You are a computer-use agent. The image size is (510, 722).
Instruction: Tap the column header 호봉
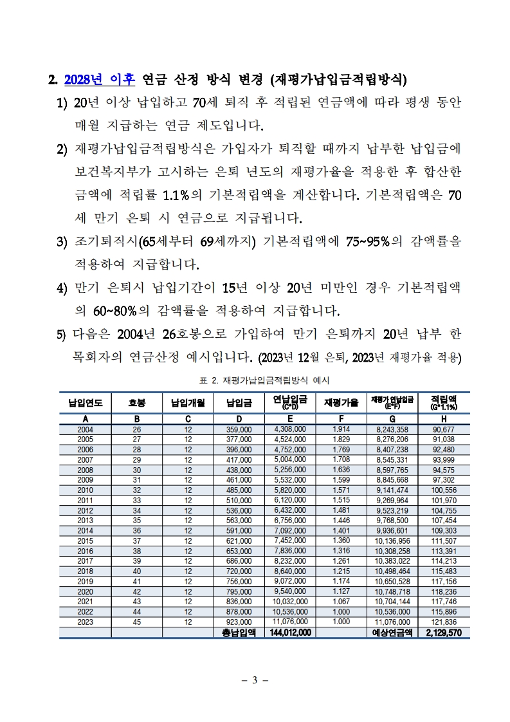coord(136,403)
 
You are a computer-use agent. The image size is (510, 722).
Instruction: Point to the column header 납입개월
coord(188,403)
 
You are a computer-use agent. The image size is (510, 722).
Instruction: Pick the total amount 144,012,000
coord(290,633)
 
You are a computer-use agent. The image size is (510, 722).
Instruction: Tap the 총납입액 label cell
coord(239,633)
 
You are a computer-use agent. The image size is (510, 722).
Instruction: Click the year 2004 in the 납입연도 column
coord(85,429)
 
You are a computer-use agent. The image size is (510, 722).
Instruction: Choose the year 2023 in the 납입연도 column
coord(85,623)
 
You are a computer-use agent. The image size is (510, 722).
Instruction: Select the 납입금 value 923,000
coord(239,623)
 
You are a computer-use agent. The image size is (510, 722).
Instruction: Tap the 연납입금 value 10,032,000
coord(290,602)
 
